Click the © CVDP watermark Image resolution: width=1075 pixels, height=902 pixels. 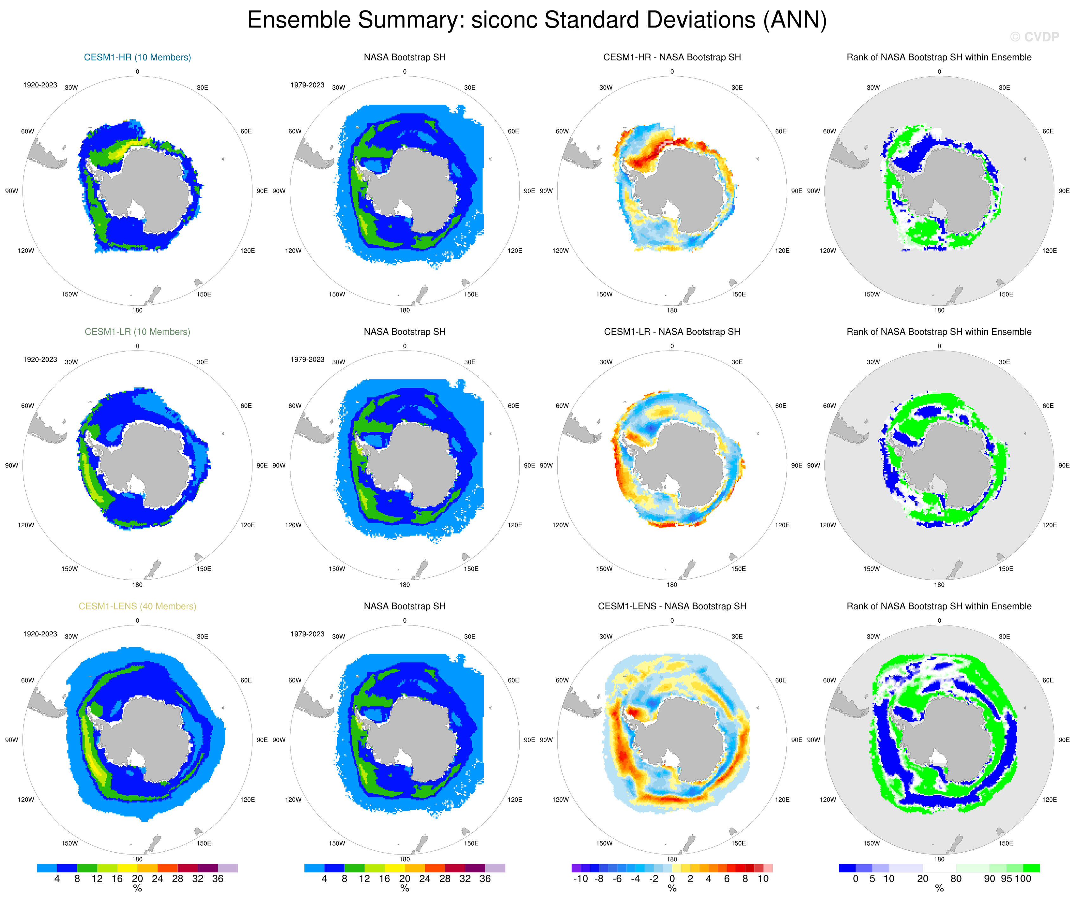coord(1034,37)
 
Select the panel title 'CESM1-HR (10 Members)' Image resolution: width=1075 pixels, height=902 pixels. coord(137,57)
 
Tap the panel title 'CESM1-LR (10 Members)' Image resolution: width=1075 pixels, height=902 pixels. coord(137,332)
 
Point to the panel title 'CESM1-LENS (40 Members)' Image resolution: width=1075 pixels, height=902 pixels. coord(137,606)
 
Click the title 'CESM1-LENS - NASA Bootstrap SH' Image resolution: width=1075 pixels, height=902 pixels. coord(672,606)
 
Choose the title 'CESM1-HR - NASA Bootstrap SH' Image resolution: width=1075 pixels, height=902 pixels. coord(672,57)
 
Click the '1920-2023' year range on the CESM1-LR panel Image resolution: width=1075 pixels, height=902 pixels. coord(40,360)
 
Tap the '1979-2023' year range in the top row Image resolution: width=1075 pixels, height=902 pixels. coord(307,85)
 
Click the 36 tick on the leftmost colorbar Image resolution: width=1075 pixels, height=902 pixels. coord(218,879)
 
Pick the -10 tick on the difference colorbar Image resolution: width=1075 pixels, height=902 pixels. coord(580,879)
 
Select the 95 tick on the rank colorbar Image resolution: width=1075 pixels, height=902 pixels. coord(1006,879)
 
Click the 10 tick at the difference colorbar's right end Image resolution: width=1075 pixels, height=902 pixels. coord(763,879)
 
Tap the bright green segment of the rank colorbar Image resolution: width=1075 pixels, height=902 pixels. coord(1031,868)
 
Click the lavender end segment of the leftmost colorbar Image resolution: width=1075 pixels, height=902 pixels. coord(228,868)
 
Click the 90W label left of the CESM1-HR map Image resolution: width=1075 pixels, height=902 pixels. coord(12,191)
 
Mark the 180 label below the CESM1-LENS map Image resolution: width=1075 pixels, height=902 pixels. coord(137,860)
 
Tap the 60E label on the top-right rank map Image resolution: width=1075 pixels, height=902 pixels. coord(1048,131)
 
